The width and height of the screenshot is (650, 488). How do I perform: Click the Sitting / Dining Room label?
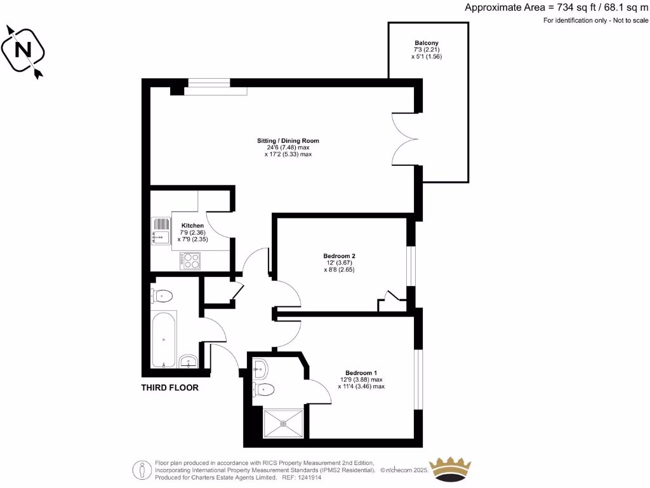click(288, 140)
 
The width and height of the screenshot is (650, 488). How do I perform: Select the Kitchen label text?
click(192, 226)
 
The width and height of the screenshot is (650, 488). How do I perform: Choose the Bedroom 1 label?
click(361, 372)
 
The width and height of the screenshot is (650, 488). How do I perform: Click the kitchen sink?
click(161, 231)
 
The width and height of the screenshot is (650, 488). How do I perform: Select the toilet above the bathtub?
click(162, 295)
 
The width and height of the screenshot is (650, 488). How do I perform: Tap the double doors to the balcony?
click(405, 137)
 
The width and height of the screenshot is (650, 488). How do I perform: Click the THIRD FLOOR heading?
click(169, 388)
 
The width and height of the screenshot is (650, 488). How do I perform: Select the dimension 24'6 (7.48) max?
click(288, 147)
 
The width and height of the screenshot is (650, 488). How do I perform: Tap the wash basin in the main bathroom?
click(189, 362)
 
